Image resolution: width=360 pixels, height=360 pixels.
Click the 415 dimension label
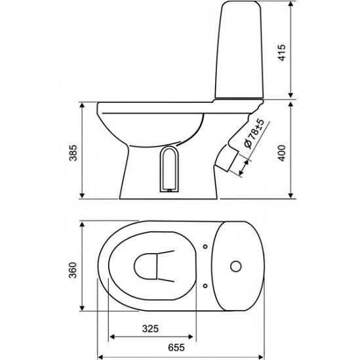(282, 52)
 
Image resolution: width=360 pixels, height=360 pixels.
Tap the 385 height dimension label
(73, 153)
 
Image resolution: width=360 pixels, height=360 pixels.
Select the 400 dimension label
(282, 153)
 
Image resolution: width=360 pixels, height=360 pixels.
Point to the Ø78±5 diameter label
(254, 133)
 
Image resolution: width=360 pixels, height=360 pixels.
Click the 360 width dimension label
(73, 270)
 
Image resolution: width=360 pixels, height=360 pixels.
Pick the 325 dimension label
(150, 329)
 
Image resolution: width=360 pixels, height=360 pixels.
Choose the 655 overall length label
(176, 348)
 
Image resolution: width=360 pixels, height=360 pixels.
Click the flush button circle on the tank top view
(236, 266)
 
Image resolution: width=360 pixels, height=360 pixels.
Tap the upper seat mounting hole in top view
(205, 247)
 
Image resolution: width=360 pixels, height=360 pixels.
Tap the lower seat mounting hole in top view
(205, 286)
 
